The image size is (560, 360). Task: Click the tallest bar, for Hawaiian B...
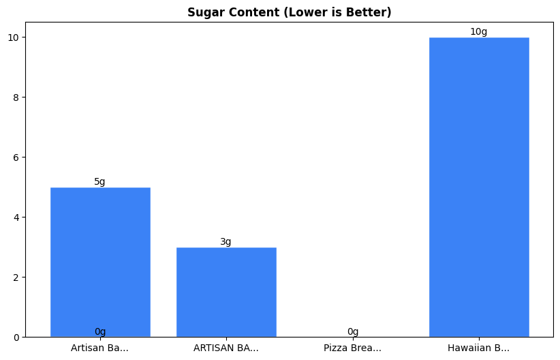click(479, 187)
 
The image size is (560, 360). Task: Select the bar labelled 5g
click(100, 262)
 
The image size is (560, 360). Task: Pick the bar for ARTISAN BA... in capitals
click(226, 292)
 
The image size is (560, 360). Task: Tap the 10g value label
click(478, 31)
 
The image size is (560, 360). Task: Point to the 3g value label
click(225, 241)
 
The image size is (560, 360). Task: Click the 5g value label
click(99, 181)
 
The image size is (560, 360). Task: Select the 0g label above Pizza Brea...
click(353, 331)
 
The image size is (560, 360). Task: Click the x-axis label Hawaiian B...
click(478, 348)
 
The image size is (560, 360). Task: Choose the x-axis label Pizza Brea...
click(352, 348)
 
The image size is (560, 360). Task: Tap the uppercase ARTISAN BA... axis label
click(226, 348)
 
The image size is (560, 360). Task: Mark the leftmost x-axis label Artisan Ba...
click(99, 348)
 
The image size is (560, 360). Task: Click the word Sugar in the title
click(203, 12)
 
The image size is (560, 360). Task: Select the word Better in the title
click(372, 12)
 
